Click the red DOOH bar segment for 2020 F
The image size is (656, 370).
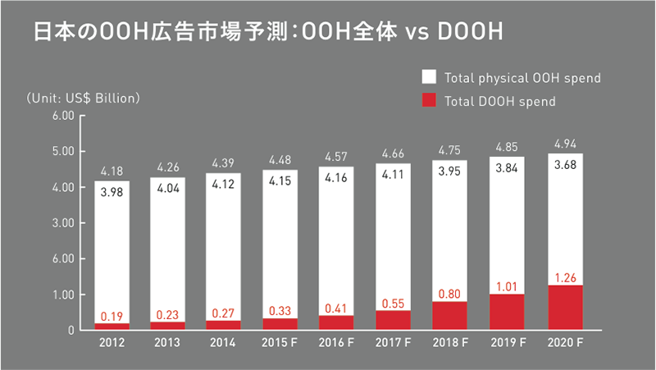(564, 308)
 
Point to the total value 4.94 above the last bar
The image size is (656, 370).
(564, 144)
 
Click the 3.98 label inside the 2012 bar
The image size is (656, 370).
(112, 193)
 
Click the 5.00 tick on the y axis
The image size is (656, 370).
(64, 152)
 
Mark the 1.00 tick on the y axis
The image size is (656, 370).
(64, 295)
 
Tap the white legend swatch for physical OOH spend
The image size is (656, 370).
(429, 78)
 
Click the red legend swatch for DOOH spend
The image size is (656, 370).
(429, 101)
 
